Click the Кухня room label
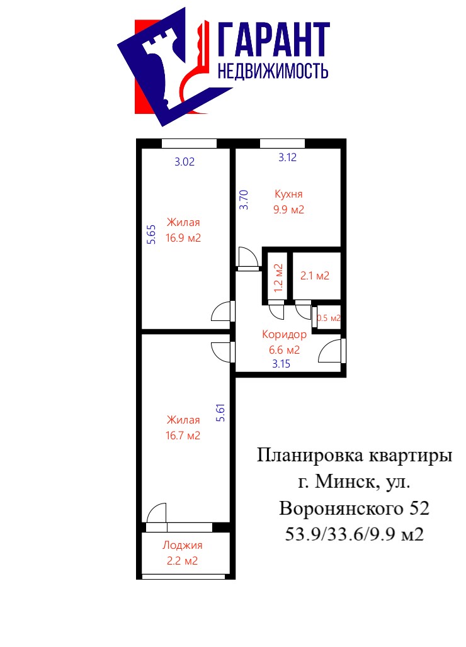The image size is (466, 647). pos(288,194)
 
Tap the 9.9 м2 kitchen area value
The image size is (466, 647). pos(288,210)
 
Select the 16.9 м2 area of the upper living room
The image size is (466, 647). pos(183,238)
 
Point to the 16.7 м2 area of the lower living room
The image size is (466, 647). pos(183,436)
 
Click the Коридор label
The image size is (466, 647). pos(285,335)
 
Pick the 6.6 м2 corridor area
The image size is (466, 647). pos(285,351)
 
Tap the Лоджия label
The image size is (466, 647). pos(183,546)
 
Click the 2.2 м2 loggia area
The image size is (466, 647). pos(182,561)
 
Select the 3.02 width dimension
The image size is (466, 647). pos(184,162)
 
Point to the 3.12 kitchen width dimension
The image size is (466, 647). pos(287,157)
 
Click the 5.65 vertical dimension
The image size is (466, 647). pos(152,234)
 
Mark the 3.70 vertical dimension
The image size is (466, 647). pos(244,200)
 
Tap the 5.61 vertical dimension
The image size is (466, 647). pos(221,412)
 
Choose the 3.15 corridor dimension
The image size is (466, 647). pos(281,364)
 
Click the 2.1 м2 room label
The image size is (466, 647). pos(314,276)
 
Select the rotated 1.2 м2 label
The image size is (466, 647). pos(278,278)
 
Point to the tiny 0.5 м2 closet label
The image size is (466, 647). pos(329,318)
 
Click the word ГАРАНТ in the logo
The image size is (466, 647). pos(273,40)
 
